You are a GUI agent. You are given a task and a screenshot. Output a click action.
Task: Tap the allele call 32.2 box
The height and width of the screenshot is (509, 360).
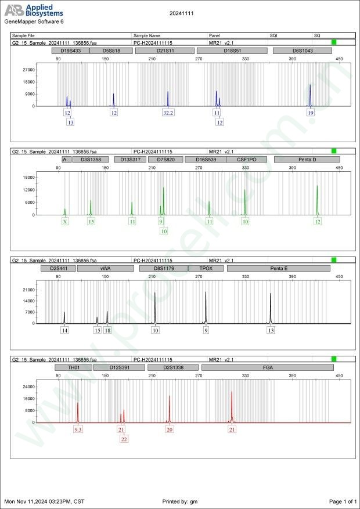click(168, 113)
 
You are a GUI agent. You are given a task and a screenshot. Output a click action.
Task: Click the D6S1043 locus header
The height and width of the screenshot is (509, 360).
click(302, 50)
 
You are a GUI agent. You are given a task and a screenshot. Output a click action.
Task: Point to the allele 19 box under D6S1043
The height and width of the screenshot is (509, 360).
click(311, 113)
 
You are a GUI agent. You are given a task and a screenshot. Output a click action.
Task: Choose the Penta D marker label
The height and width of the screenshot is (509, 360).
click(307, 159)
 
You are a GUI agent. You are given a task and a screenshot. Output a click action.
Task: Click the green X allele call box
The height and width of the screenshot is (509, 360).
click(65, 222)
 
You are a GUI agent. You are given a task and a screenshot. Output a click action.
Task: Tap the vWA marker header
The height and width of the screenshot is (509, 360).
click(105, 269)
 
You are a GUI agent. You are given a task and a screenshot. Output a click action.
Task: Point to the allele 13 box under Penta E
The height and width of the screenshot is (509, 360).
click(271, 330)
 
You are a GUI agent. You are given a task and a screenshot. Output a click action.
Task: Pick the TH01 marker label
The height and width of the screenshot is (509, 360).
click(73, 367)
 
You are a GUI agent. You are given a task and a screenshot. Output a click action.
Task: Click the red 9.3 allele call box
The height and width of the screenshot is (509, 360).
click(78, 429)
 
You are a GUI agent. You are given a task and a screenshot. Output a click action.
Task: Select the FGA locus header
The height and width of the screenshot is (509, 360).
click(267, 367)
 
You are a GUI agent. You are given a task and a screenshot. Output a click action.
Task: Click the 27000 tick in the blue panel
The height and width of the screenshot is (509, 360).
click(27, 70)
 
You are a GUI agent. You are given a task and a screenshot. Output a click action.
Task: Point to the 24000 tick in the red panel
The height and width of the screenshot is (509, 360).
click(27, 387)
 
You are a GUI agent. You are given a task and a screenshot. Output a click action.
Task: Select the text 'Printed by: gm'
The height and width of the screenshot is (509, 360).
click(181, 501)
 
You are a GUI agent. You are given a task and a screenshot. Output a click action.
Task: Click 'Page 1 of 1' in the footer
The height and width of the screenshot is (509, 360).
click(342, 501)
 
